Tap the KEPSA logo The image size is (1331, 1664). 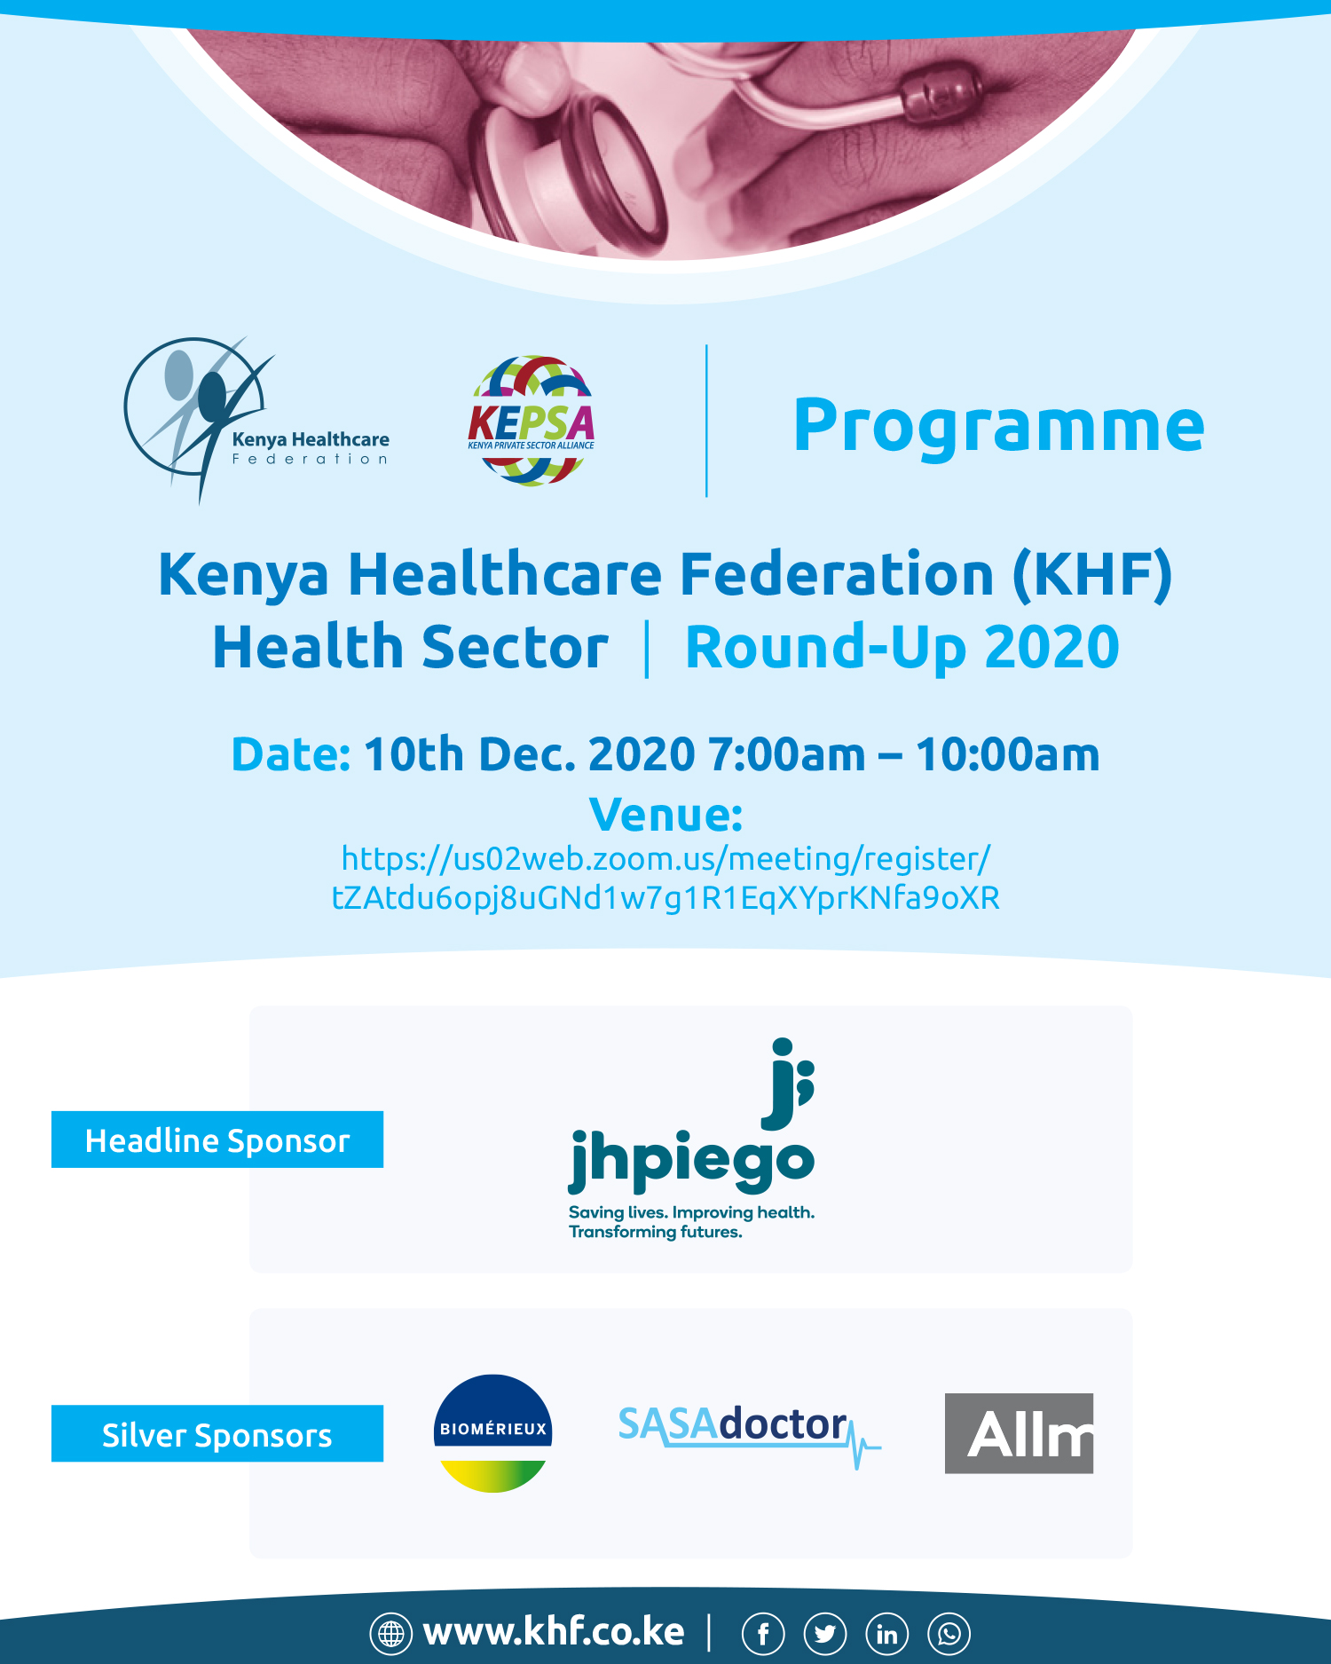[532, 421]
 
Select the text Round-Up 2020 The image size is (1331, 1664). [902, 646]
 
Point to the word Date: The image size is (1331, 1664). [291, 754]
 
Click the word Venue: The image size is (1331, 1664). [665, 815]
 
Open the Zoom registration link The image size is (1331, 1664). [665, 878]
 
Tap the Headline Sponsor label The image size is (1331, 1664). [217, 1140]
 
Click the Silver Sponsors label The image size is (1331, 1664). [217, 1433]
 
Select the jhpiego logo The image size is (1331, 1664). [691, 1140]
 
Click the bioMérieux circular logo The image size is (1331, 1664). [493, 1433]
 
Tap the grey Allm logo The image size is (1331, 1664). [1019, 1433]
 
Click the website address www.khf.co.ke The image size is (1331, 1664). [554, 1632]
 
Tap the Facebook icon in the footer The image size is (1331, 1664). [763, 1633]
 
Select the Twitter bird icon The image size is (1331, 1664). [825, 1633]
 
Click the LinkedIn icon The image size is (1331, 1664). [887, 1633]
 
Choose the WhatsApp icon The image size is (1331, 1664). [949, 1633]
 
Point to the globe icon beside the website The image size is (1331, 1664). [391, 1633]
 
